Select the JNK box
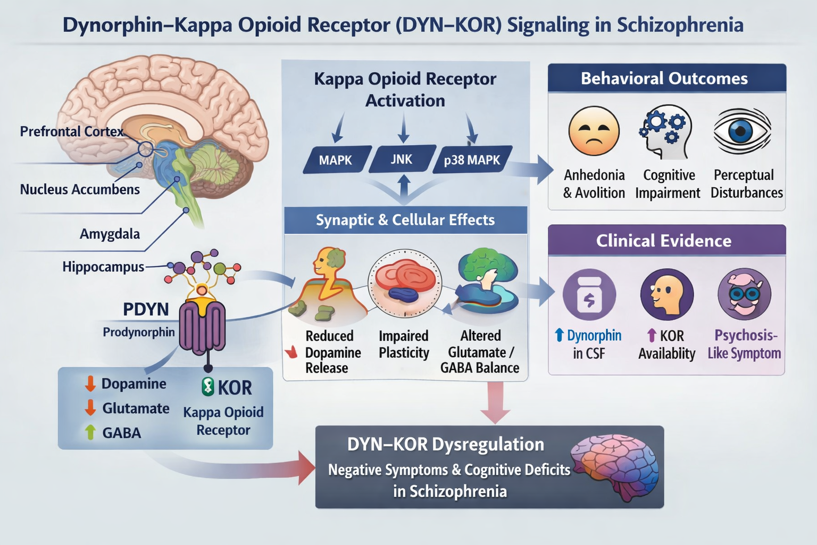tap(402, 159)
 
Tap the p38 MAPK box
tap(472, 160)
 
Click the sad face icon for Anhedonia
tap(594, 131)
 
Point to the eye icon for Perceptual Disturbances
tap(742, 131)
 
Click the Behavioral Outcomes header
tap(664, 79)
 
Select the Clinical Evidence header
tap(664, 241)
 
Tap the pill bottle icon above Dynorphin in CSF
tap(589, 294)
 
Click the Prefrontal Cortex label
tap(71, 131)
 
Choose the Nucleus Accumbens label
tap(80, 189)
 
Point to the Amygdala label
tap(110, 234)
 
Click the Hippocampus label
tap(103, 267)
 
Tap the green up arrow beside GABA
tap(90, 432)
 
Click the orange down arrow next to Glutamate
tap(90, 408)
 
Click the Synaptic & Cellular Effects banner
tap(405, 220)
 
